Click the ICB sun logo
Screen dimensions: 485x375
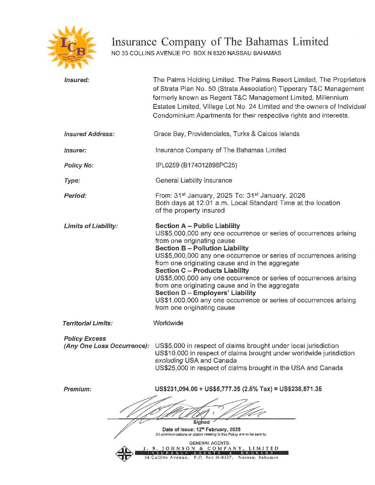point(72,47)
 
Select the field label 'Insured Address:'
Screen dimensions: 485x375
point(89,134)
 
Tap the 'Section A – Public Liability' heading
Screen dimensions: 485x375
point(197,226)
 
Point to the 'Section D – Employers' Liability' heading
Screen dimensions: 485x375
point(205,293)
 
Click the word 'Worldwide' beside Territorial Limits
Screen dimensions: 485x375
point(168,323)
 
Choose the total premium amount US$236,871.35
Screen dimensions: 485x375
point(301,389)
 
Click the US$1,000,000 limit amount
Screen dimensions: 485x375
point(177,300)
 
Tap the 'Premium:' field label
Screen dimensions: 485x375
point(78,389)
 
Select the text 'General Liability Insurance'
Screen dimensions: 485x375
point(194,180)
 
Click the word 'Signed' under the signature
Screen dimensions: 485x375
point(201,422)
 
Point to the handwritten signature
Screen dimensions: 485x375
point(193,410)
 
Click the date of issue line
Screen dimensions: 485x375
point(201,430)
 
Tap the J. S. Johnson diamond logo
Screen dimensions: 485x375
point(124,454)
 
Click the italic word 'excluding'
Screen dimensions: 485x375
point(169,361)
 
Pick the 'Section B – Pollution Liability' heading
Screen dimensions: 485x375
point(202,248)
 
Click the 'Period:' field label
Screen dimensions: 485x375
point(75,196)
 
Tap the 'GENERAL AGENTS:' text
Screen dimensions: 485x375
point(210,443)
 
